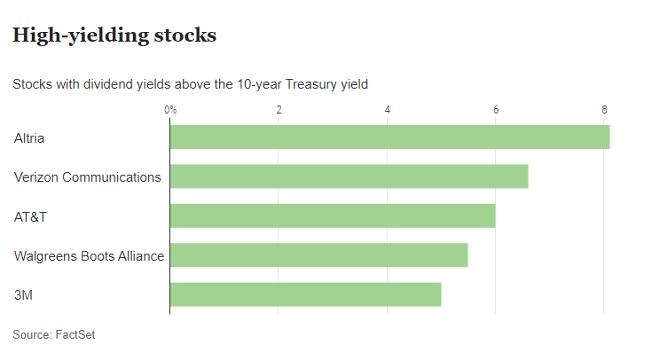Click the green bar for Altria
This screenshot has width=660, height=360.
coord(389,137)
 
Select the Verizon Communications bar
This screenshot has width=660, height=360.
coord(349,176)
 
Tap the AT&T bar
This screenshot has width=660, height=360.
coord(333,215)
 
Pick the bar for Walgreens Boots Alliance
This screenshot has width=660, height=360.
coord(318,255)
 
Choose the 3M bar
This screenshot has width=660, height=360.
coord(305,294)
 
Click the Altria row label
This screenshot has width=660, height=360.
coord(29,137)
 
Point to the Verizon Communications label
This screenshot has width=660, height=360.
coord(87,176)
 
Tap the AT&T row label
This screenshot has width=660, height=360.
coord(29,216)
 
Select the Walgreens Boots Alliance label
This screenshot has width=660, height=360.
coord(89,256)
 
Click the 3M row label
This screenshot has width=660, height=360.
coord(23,295)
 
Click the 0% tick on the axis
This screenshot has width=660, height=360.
coord(170,110)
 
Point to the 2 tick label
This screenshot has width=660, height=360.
coord(279,110)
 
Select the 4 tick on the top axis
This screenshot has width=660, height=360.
coord(388,110)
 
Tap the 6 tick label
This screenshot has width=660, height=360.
coord(496,110)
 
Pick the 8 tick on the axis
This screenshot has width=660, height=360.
coord(604,110)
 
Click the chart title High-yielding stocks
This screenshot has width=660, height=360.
coord(114,36)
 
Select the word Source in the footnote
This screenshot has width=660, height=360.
coord(30,334)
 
